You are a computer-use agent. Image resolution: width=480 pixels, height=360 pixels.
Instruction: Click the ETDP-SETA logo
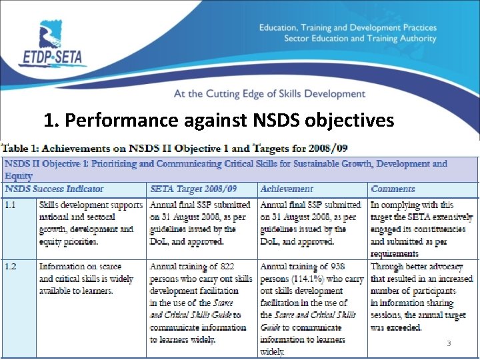click(60, 45)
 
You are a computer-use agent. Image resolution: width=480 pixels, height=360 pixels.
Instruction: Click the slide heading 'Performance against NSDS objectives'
click(219, 121)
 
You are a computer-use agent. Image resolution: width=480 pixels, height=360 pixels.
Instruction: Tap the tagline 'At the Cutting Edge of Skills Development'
click(269, 94)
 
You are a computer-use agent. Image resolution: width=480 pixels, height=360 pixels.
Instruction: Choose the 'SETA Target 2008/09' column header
click(193, 189)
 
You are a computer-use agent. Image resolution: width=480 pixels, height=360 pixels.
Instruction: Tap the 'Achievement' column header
click(287, 189)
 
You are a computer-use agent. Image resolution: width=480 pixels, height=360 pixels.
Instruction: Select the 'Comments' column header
click(393, 189)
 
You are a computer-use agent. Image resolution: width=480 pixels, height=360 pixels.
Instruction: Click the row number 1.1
click(11, 205)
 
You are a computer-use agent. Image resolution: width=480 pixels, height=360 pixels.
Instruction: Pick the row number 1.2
click(11, 267)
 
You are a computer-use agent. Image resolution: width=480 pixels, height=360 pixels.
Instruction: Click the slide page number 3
click(449, 343)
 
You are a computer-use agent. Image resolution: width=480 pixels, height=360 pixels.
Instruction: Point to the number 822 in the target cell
click(226, 267)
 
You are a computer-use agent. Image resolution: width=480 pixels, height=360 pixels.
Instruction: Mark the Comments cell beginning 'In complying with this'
click(422, 229)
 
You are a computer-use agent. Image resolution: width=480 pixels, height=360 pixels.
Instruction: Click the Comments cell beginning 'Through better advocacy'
click(422, 297)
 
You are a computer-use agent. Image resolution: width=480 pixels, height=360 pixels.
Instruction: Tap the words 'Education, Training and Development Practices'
click(347, 28)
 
